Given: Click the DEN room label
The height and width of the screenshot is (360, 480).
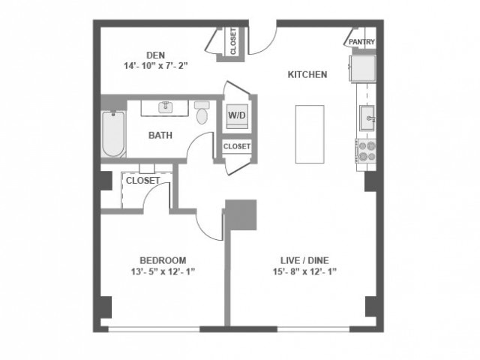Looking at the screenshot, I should (156, 54).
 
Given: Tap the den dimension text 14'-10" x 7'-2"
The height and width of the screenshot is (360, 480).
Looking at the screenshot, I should (156, 66).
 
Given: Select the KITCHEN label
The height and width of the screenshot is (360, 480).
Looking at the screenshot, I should (307, 74).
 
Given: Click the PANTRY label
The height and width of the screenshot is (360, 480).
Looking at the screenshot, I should (361, 43).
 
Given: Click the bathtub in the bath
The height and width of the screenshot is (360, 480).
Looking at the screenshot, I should (113, 134).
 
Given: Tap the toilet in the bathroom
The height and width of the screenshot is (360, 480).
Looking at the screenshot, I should (202, 113).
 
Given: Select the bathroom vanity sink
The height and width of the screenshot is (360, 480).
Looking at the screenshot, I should (166, 107).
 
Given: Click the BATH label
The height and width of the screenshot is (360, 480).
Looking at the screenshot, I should (160, 136).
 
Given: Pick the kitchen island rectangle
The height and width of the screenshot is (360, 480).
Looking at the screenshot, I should (309, 133).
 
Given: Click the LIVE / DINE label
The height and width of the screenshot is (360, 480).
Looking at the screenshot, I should (304, 260).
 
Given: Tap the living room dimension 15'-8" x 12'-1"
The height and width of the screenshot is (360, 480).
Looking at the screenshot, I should (304, 271).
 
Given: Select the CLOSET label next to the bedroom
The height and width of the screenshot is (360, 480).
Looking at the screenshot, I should (142, 181).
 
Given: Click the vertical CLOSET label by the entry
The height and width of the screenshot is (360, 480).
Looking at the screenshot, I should (233, 43).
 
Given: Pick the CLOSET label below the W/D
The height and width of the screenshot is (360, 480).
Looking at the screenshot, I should (237, 146).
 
